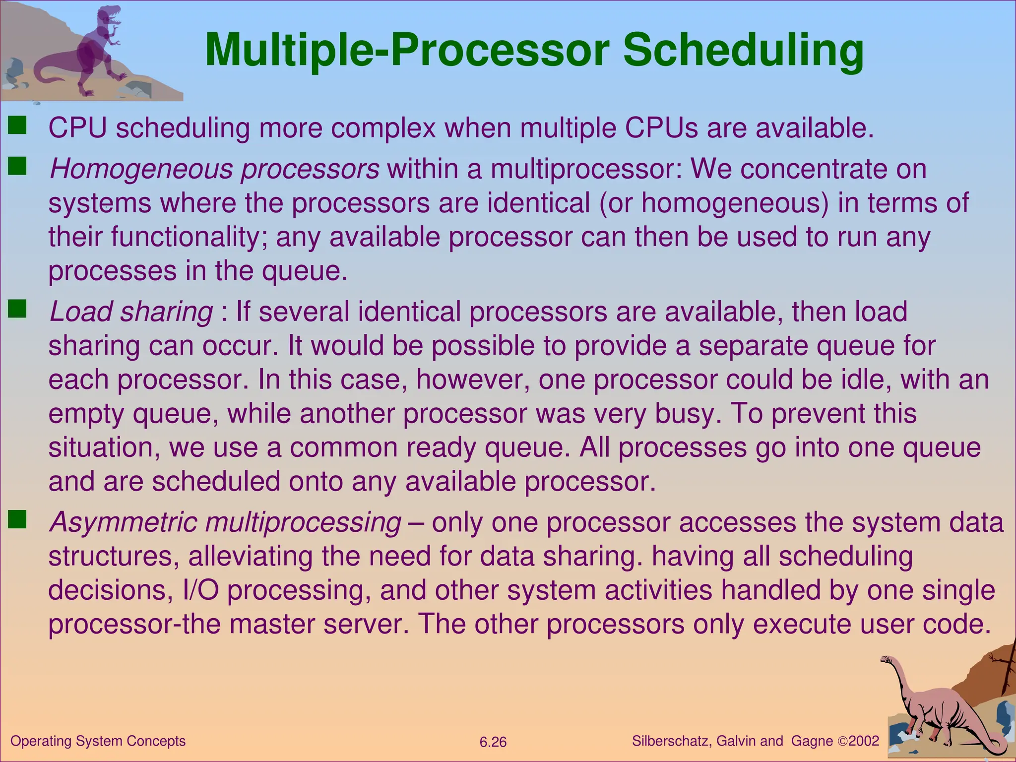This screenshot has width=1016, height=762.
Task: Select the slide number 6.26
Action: tap(493, 742)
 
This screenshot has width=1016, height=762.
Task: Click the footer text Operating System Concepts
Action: tap(98, 741)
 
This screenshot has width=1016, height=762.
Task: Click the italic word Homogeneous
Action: tap(141, 169)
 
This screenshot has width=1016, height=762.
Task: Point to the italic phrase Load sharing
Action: tap(131, 312)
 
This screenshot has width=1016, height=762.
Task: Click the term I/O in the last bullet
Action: tap(200, 590)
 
